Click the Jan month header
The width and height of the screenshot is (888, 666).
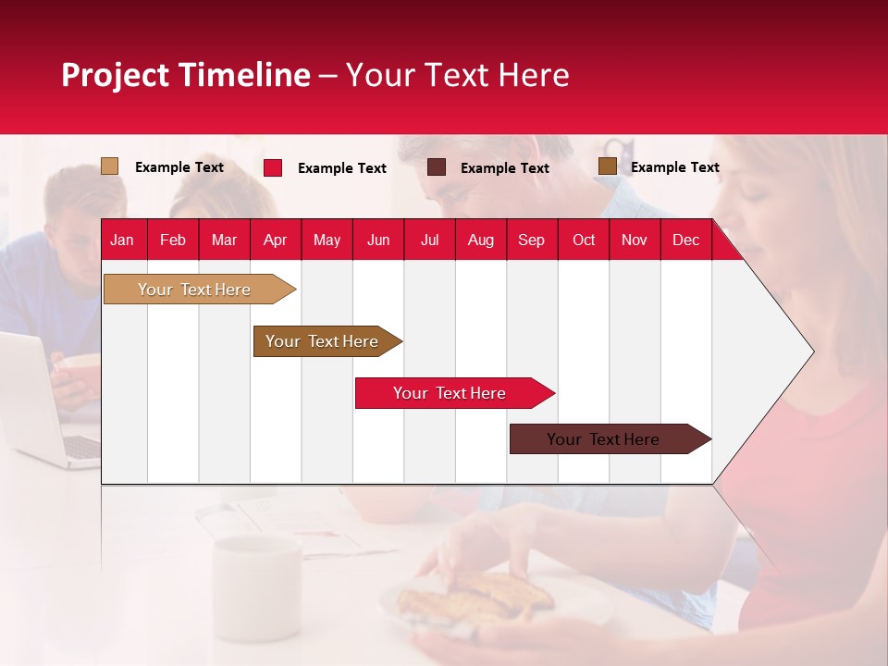(122, 240)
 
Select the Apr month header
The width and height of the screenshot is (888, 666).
(275, 240)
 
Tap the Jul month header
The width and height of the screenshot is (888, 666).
(429, 240)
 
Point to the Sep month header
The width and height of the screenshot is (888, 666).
(531, 240)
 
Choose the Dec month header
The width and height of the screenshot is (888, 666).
(685, 240)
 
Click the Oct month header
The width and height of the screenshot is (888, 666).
(583, 240)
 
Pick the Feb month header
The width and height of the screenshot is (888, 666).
(173, 240)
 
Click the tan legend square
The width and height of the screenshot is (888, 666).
(110, 166)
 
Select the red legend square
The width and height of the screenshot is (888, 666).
(273, 167)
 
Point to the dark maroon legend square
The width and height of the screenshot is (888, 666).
(437, 167)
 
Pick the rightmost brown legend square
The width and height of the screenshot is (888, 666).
(607, 166)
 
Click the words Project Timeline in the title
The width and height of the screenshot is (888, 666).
(185, 75)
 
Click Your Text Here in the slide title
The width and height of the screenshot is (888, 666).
(457, 75)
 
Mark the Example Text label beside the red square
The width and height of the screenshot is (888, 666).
(341, 168)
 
